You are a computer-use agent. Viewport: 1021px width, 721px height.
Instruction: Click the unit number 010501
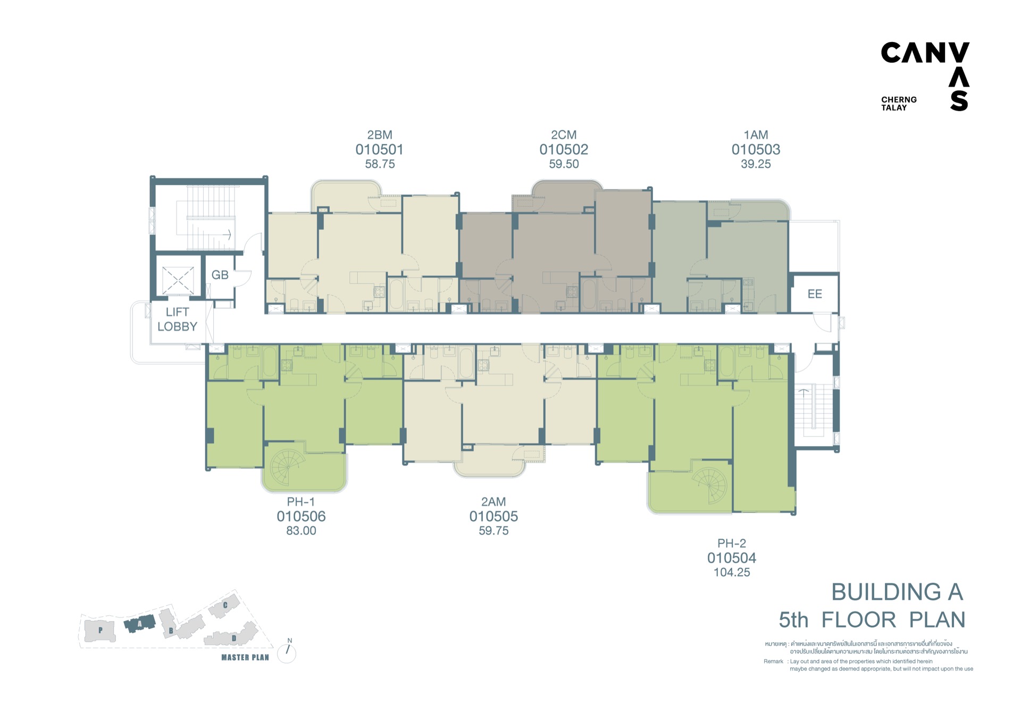pos(379,149)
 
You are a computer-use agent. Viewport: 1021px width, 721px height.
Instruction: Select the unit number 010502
pos(564,149)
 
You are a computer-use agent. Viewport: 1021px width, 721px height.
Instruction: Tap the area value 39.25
pos(756,164)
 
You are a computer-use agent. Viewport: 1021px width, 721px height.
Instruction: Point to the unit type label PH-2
pos(732,543)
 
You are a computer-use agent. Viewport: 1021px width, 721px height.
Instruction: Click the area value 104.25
pos(732,572)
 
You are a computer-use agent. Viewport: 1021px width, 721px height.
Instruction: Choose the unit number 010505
pos(493,516)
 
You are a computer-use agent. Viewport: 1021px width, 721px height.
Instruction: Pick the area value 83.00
pos(301,531)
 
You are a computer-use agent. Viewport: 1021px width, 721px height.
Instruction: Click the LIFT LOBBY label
pos(177,319)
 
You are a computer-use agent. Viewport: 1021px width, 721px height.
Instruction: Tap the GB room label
pos(220,275)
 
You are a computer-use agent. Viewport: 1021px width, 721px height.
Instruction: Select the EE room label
pos(815,294)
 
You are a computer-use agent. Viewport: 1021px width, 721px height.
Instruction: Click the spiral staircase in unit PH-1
pos(287,467)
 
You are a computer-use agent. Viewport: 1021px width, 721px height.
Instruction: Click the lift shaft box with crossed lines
pos(178,280)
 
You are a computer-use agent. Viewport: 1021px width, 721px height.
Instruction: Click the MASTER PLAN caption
pos(245,658)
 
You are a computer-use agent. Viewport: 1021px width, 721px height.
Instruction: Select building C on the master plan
pos(224,607)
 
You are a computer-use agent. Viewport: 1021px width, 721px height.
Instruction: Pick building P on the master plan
pos(100,631)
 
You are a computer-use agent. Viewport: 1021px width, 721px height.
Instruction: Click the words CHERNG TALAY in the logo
pos(899,104)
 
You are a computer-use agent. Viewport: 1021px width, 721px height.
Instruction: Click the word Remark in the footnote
pos(773,661)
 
